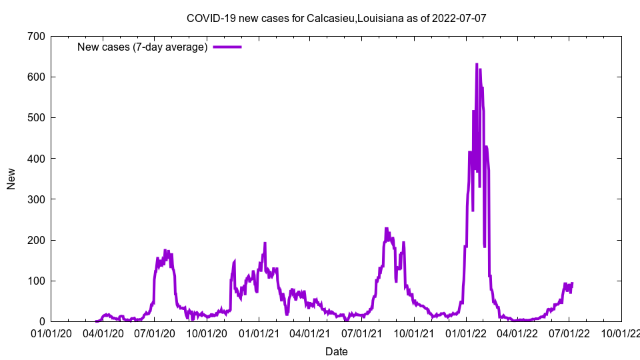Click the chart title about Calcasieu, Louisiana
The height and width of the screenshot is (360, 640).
[337, 18]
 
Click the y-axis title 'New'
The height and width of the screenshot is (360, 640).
[11, 179]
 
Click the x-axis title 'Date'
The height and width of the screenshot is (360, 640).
[337, 351]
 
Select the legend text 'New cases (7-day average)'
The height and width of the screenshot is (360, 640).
[142, 47]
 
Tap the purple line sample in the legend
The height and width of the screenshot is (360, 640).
[227, 47]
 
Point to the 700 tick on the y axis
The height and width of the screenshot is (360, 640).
[33, 36]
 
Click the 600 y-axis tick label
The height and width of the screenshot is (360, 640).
[33, 77]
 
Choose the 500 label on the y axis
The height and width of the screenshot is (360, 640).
[33, 117]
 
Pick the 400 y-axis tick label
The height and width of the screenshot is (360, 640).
[33, 159]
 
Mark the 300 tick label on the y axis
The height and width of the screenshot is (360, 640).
[33, 199]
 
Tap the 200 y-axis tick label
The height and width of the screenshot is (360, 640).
[33, 240]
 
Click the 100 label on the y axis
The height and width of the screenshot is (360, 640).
[33, 281]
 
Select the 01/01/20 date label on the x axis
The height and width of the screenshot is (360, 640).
[51, 332]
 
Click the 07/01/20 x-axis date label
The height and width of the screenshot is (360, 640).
[155, 332]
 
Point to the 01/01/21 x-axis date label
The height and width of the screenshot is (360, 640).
[259, 332]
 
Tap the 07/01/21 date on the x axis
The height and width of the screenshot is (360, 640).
[362, 332]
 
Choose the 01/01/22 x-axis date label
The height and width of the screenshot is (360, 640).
[466, 332]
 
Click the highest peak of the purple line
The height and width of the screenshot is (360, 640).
[477, 64]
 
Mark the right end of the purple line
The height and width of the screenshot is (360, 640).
[572, 283]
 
